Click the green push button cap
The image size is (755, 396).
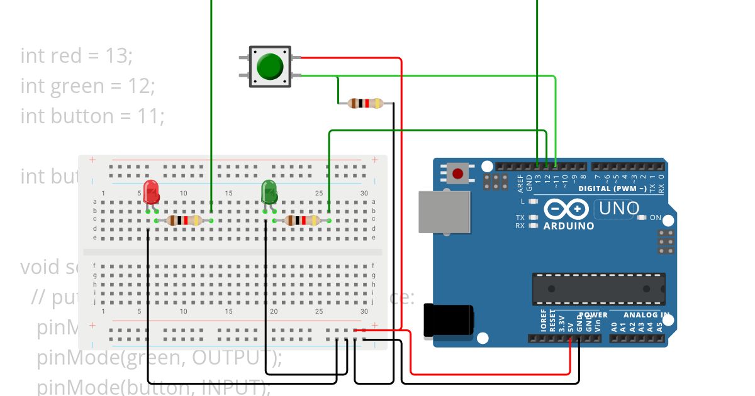click(270, 66)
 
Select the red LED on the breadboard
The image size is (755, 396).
click(151, 191)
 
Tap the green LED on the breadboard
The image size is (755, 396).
click(269, 191)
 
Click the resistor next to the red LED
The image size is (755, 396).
click(184, 220)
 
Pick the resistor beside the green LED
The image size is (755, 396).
click(302, 220)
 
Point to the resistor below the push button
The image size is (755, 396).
click(365, 103)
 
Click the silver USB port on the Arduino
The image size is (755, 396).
click(444, 212)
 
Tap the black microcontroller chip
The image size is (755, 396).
click(598, 289)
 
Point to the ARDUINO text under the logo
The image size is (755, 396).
click(569, 226)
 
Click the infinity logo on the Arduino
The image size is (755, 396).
click(566, 209)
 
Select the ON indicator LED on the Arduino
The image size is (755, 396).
click(642, 217)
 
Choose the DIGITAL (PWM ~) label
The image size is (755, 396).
click(612, 189)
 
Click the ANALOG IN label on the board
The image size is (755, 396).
click(646, 315)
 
